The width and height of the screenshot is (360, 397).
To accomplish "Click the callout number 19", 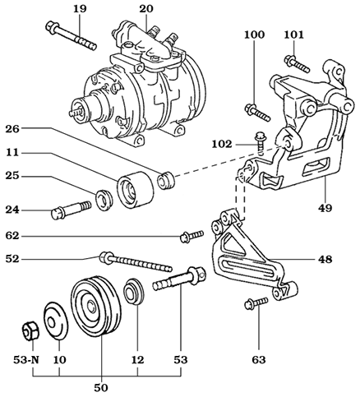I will click(79, 9).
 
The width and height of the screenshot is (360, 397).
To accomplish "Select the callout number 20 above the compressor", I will click(145, 9).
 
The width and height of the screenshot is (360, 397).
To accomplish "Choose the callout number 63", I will click(260, 359).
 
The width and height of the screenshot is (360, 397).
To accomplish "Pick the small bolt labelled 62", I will click(191, 238).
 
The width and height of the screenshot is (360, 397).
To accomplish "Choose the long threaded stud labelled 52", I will click(136, 265).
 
